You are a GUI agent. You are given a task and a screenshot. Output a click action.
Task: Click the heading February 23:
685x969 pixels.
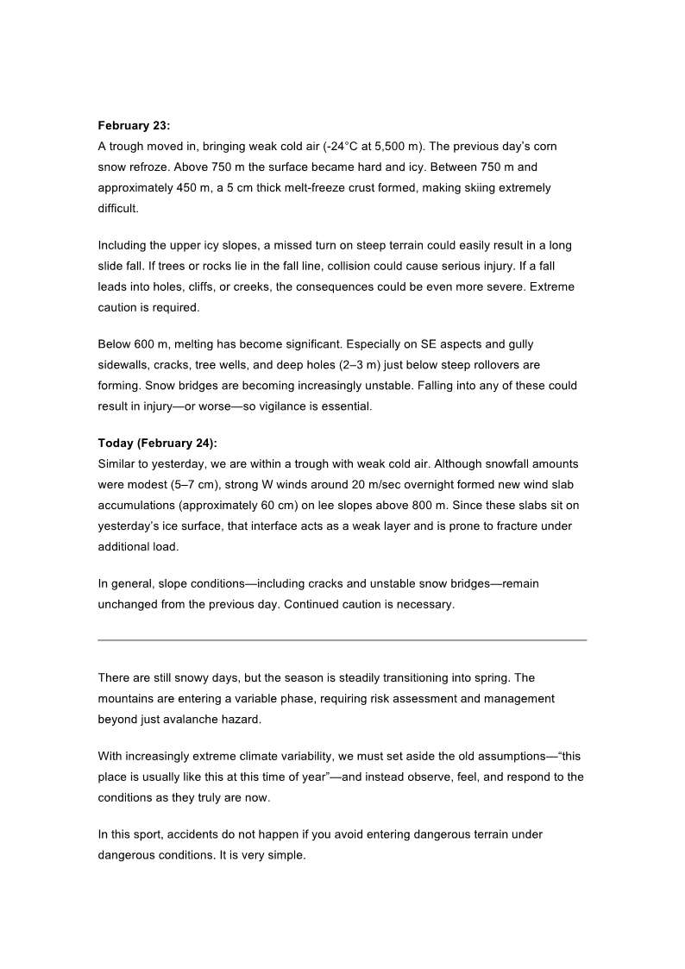134,126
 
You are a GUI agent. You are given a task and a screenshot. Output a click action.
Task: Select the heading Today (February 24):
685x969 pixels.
157,444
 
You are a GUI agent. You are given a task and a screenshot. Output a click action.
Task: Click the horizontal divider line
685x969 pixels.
342,640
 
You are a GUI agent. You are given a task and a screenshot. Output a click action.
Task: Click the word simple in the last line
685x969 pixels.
286,855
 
